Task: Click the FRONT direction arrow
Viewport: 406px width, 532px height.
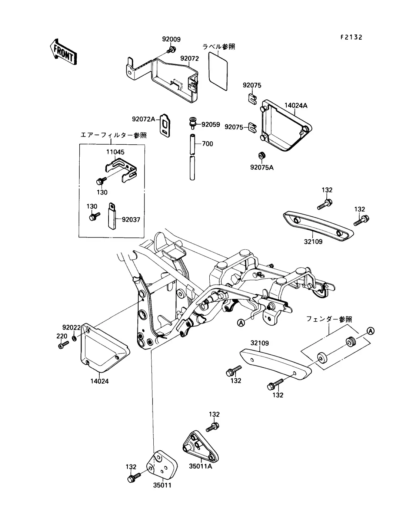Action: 63,52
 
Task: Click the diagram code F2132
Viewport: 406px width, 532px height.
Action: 351,37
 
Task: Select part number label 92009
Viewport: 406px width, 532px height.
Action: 171,39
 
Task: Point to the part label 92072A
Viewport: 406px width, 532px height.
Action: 143,119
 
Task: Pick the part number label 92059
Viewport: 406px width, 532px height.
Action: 211,125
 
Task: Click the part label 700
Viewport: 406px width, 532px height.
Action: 207,144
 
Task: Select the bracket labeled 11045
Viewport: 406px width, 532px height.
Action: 121,170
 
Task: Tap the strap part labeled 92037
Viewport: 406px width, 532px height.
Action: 112,216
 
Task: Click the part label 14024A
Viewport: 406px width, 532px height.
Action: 296,106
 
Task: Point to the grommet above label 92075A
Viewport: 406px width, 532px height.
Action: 261,155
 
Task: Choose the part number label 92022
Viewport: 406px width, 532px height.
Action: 71,328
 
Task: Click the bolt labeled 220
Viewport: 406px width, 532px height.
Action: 63,345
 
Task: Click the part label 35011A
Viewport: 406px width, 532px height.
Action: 200,466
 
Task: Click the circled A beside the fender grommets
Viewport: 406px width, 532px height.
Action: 370,331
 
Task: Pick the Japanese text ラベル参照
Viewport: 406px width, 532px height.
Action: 219,47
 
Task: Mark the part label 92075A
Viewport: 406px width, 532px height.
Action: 262,167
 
